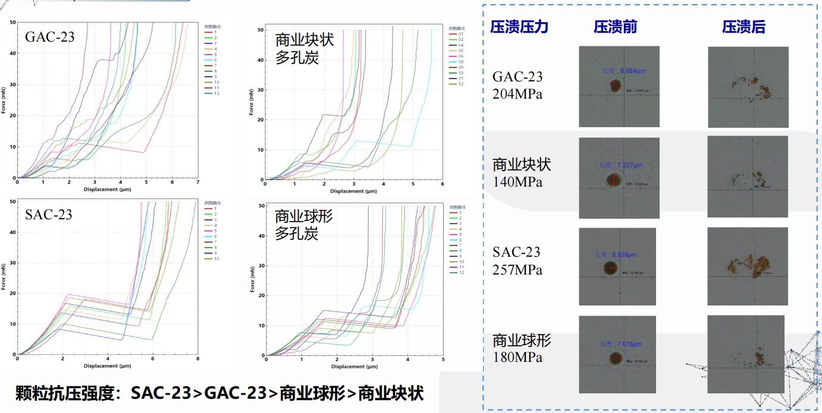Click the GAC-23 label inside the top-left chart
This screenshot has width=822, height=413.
[x=50, y=37]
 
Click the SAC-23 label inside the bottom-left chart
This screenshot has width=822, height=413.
[x=48, y=215]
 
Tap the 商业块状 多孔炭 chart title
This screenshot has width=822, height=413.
[x=305, y=49]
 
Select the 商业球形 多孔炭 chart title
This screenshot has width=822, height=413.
[x=303, y=225]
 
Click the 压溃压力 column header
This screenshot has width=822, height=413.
[x=519, y=27]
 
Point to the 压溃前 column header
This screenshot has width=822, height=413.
[x=615, y=27]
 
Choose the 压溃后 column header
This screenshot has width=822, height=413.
[x=743, y=27]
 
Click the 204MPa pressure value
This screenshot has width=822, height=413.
[x=517, y=94]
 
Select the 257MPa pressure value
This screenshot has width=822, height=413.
[x=517, y=270]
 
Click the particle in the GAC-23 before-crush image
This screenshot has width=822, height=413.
[x=615, y=90]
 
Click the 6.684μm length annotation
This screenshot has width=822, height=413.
[x=624, y=71]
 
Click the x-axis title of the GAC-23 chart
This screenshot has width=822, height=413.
[x=107, y=190]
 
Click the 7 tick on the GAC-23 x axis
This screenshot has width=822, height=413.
[x=197, y=182]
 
